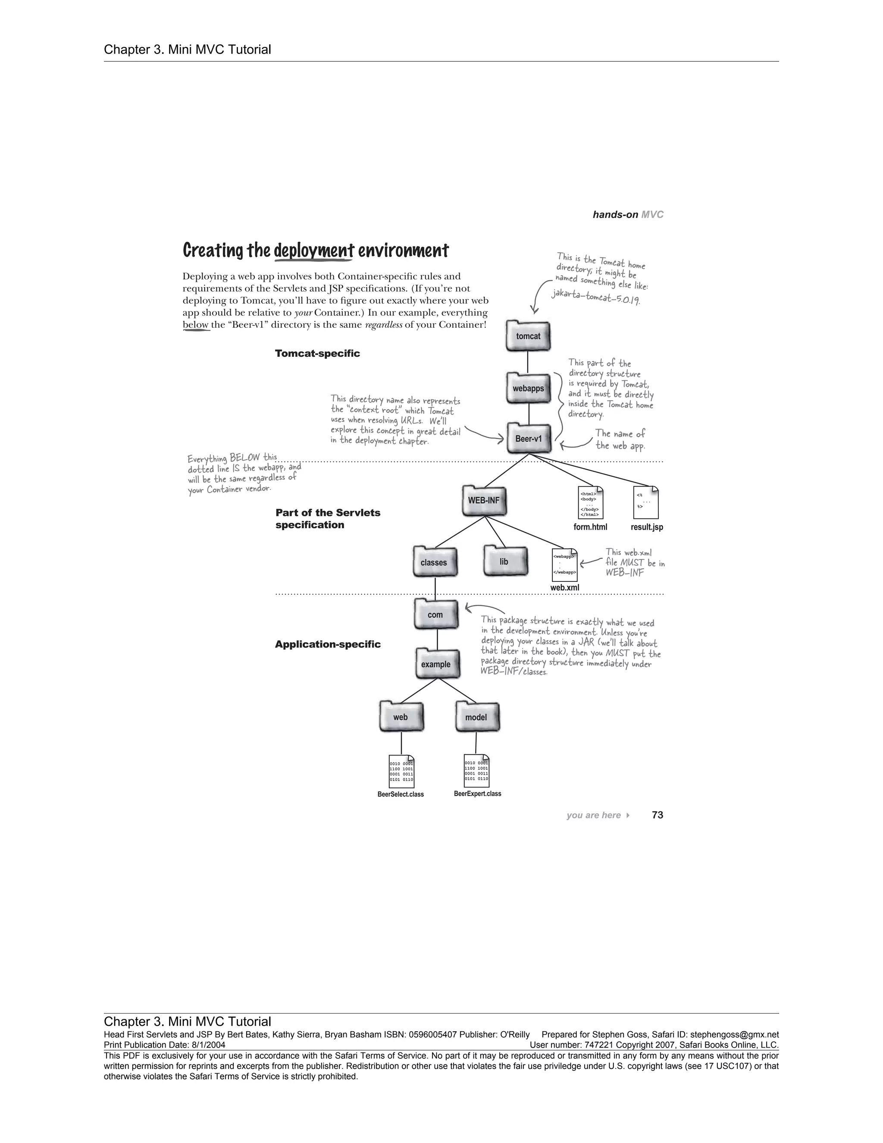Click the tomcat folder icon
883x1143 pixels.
coord(528,336)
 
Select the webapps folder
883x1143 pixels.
coord(528,388)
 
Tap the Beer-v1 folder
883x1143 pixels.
coord(529,439)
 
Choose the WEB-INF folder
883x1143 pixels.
coord(484,500)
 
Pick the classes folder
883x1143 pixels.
coord(434,562)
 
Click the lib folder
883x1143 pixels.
coord(504,561)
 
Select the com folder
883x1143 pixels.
coord(436,614)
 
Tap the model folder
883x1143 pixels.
coord(476,716)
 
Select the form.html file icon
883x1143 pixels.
coord(591,503)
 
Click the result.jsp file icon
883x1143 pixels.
coord(645,503)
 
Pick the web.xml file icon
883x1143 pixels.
coord(564,565)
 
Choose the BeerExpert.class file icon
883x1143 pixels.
coord(476,770)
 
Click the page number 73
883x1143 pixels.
coord(658,815)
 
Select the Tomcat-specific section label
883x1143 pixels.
coord(317,353)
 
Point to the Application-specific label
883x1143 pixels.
coord(328,644)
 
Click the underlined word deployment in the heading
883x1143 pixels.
coord(314,251)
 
